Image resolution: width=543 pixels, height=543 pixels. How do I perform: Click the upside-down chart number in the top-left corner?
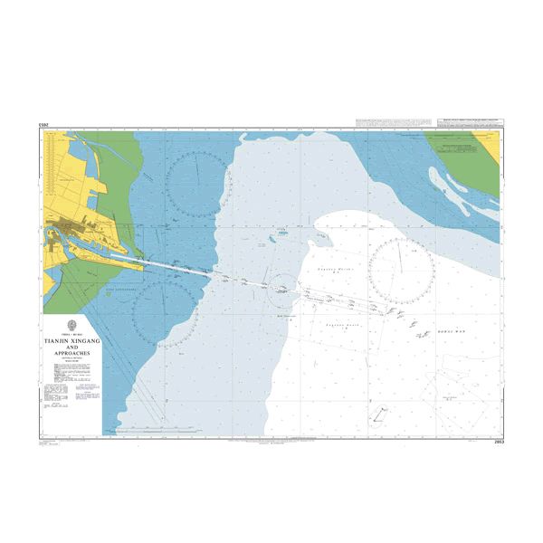[x=44, y=123]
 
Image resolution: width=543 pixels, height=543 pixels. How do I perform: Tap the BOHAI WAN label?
[x=450, y=332]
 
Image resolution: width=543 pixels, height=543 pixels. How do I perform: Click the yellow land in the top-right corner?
[x=490, y=145]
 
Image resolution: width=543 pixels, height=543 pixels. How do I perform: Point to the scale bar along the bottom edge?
[x=271, y=442]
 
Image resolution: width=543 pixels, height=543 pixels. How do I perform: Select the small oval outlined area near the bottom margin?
[x=378, y=414]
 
